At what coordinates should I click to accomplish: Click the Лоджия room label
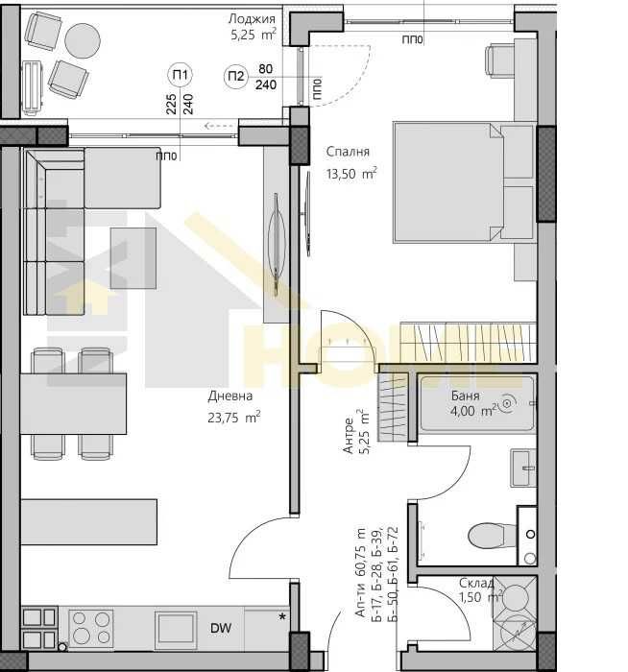(252, 19)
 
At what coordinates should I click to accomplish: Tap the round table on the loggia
(83, 40)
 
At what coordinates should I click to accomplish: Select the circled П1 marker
(180, 74)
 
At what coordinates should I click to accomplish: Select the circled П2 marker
(235, 77)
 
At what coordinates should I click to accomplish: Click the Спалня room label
(348, 152)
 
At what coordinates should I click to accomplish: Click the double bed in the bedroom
(462, 182)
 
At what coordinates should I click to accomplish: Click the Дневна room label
(229, 396)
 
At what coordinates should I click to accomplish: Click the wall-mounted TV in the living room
(277, 236)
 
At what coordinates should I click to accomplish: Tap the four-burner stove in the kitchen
(90, 629)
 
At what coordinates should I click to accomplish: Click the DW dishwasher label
(220, 629)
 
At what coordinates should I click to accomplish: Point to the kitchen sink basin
(176, 629)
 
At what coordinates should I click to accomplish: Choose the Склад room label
(476, 583)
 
